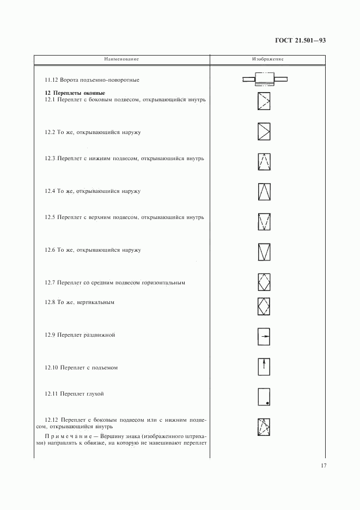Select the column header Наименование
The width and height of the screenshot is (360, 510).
pyautogui.click(x=122, y=59)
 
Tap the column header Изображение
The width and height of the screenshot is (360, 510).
pyautogui.click(x=267, y=59)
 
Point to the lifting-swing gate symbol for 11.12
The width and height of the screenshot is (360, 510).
pyautogui.click(x=265, y=81)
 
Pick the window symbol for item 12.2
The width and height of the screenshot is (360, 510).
pyautogui.click(x=264, y=132)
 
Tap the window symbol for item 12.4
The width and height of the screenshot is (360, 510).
pyautogui.click(x=264, y=192)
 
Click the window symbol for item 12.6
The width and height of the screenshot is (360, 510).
pyautogui.click(x=264, y=251)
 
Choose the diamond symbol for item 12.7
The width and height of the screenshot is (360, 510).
pyautogui.click(x=264, y=283)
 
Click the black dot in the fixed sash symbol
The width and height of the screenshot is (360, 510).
pyautogui.click(x=267, y=403)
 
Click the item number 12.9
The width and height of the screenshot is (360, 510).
pyautogui.click(x=50, y=335)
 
